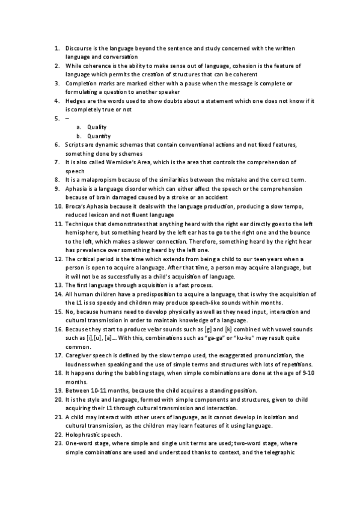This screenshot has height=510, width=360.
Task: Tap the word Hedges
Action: [x=77, y=100]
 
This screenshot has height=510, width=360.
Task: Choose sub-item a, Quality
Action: [x=97, y=127]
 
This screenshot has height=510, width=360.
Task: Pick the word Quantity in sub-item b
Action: [x=99, y=136]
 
